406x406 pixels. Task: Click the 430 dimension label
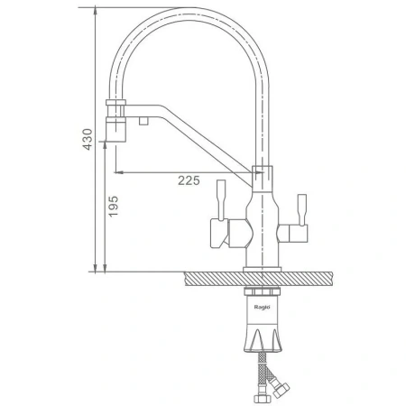[88, 139]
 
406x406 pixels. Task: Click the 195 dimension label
[114, 207]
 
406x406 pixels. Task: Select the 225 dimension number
[189, 180]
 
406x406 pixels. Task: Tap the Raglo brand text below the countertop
[263, 307]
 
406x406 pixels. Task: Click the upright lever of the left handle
[221, 200]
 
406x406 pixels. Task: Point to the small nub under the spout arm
[143, 121]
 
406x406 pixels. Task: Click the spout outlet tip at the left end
[115, 130]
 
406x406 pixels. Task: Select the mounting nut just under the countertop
[263, 291]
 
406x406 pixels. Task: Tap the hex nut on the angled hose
[281, 390]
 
